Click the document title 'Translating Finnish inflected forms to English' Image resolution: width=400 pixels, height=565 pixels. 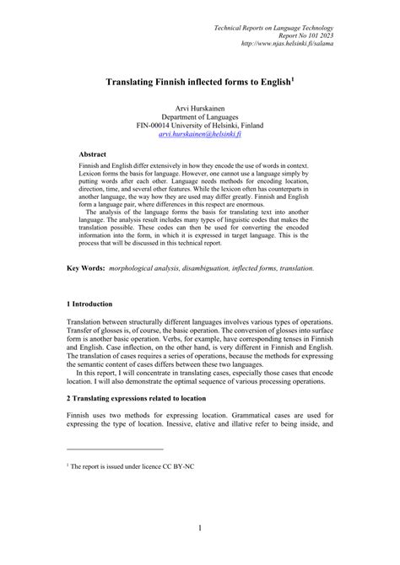197,83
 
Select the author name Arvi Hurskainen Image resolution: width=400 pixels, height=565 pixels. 200,110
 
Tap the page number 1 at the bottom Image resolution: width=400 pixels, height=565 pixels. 200,529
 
